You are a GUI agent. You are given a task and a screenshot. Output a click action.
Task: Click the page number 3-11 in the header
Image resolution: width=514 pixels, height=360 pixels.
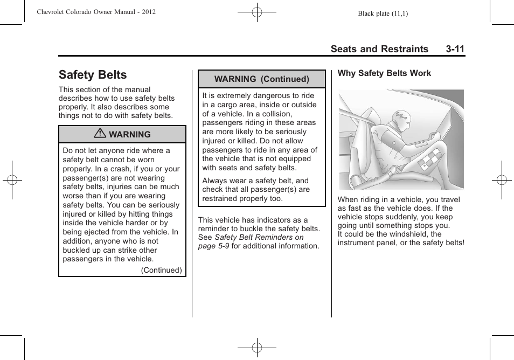455,49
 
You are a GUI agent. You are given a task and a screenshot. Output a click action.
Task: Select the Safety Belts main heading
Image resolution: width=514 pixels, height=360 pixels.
93,75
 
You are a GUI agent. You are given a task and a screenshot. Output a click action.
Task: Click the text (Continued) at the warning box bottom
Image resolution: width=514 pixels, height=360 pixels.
161,270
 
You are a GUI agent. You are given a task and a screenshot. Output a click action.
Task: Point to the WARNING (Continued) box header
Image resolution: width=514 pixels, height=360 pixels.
262,79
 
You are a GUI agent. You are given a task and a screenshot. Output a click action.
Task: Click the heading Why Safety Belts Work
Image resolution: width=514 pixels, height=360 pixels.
384,73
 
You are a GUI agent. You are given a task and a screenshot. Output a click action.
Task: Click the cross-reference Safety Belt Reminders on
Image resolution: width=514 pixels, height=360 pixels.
259,237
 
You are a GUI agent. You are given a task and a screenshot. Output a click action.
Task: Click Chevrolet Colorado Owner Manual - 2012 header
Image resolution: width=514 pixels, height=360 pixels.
96,12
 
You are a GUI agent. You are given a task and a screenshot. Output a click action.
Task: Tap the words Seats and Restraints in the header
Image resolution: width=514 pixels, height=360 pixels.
379,49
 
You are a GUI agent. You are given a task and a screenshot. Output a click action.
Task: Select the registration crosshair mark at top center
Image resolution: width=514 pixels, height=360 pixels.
257,11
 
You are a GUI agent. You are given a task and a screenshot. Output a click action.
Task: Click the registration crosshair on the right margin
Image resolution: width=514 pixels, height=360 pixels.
501,180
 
